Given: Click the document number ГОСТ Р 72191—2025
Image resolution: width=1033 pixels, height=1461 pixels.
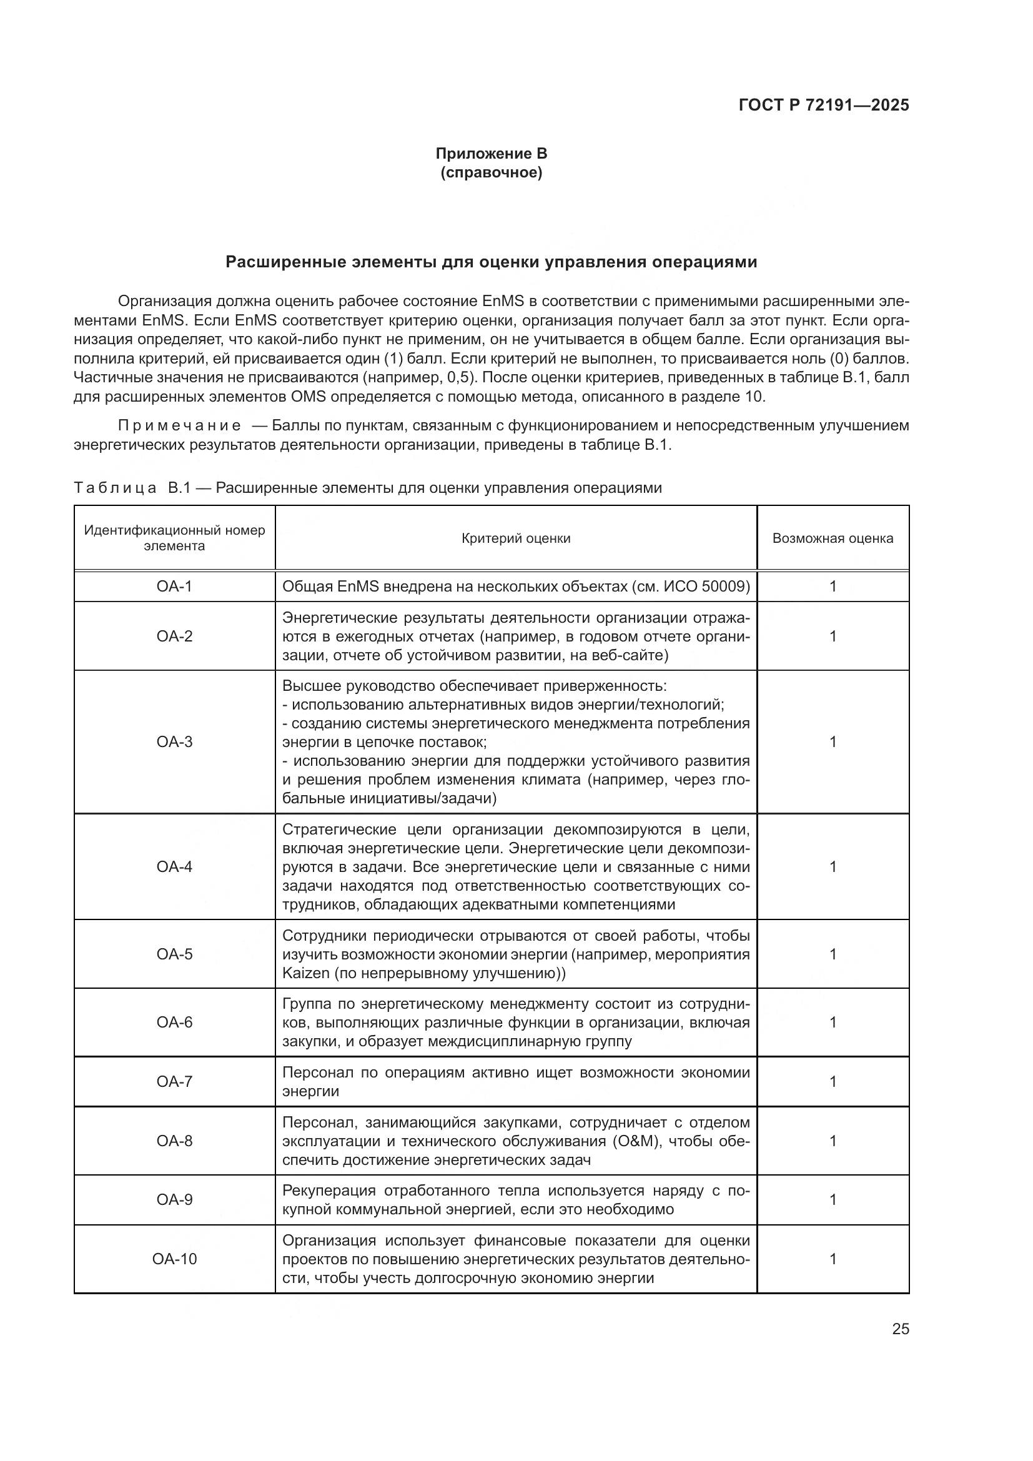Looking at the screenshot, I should tap(824, 106).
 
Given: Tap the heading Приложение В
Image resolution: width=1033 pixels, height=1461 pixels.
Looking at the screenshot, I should tap(491, 154).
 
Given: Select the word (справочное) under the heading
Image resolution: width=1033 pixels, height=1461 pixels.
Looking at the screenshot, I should tap(491, 172).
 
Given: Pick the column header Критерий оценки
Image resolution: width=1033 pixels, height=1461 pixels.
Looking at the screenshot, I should tap(516, 538).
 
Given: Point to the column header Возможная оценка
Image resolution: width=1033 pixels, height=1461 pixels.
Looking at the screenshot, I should tap(833, 538).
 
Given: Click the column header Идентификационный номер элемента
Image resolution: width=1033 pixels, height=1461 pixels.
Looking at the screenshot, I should tap(174, 538).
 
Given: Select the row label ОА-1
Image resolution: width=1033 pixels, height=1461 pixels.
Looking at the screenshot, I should tap(174, 587).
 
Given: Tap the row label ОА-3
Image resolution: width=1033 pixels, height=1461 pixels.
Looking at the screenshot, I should tap(174, 742).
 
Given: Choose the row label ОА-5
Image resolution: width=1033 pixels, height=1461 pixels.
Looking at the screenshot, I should tap(174, 954).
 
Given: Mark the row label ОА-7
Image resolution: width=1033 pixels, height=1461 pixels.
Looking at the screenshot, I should tap(174, 1082).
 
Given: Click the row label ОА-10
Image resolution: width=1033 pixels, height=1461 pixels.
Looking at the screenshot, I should tap(174, 1259).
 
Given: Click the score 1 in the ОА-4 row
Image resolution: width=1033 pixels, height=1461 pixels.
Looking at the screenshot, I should tap(833, 867).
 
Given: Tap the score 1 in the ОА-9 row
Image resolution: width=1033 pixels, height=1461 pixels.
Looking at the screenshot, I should tap(833, 1199).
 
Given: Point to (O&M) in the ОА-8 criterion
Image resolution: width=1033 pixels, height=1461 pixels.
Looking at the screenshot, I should tap(643, 1141).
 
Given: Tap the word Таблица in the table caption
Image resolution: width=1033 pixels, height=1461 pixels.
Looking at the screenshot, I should tap(115, 488).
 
